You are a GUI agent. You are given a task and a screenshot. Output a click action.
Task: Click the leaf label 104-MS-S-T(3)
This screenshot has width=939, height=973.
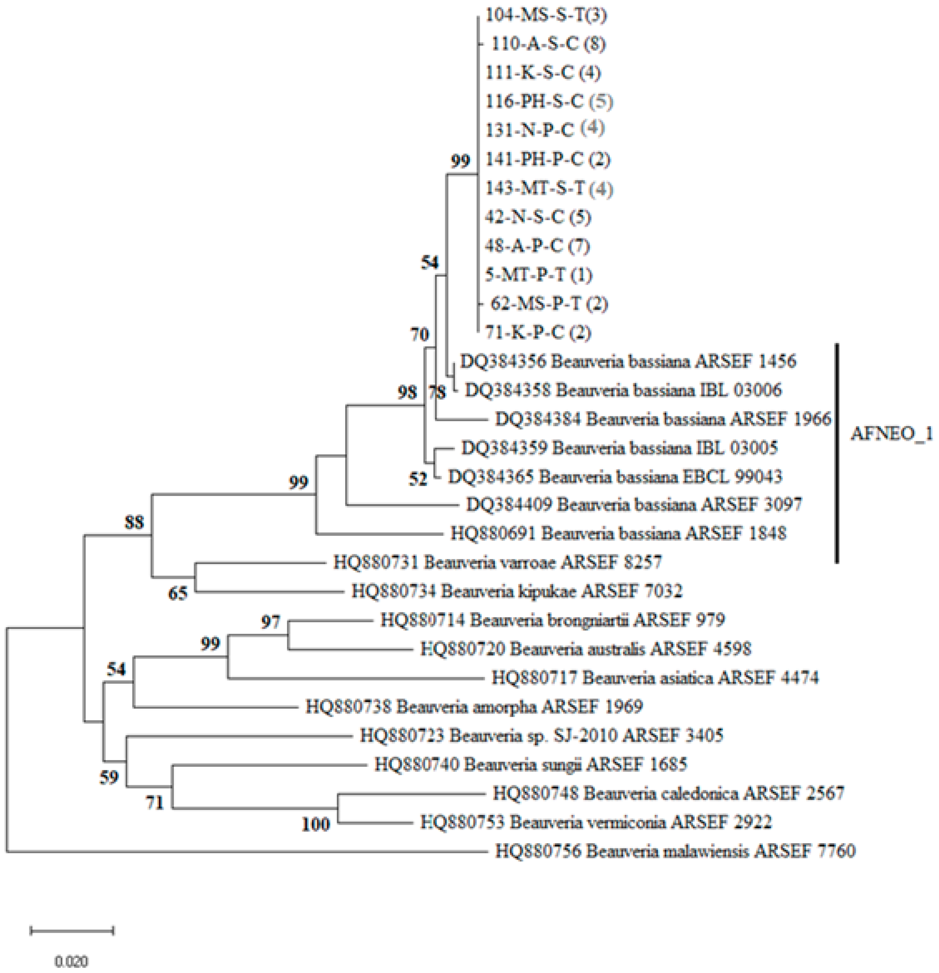(x=546, y=15)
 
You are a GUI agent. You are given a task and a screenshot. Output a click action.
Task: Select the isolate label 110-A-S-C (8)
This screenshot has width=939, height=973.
(x=548, y=44)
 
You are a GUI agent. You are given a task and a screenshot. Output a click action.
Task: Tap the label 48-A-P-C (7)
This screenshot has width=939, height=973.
(x=537, y=246)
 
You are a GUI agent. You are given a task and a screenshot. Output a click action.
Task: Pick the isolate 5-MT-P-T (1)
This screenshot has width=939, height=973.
(x=538, y=275)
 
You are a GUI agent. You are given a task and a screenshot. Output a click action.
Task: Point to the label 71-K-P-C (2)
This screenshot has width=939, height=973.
(x=538, y=332)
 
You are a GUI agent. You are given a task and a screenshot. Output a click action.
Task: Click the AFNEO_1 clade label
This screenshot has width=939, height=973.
(x=891, y=434)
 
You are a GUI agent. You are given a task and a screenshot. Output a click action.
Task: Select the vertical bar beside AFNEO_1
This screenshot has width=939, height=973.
(x=837, y=453)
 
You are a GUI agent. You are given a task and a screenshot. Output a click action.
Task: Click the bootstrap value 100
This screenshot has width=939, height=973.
(x=316, y=824)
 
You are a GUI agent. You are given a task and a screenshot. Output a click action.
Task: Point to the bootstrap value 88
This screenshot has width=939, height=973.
(x=134, y=522)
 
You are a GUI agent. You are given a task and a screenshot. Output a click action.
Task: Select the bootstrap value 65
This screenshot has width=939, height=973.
(x=178, y=593)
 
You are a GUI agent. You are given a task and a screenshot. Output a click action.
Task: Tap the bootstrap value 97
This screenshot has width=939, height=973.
(x=271, y=621)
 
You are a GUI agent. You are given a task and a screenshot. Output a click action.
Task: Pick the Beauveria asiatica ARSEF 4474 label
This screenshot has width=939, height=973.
(x=655, y=677)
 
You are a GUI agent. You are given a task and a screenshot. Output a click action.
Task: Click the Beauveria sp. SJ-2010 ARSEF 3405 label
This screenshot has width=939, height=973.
(x=541, y=735)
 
